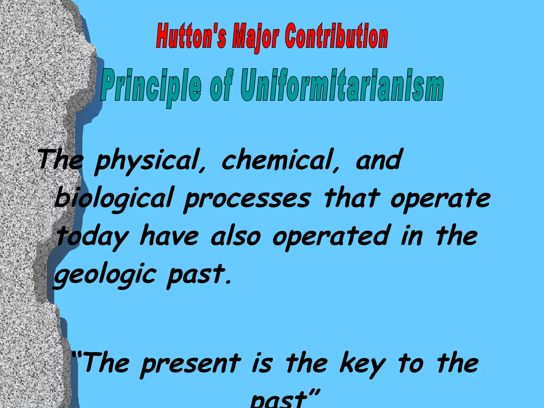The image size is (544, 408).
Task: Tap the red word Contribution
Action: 336,36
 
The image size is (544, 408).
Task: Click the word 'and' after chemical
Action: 378,159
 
